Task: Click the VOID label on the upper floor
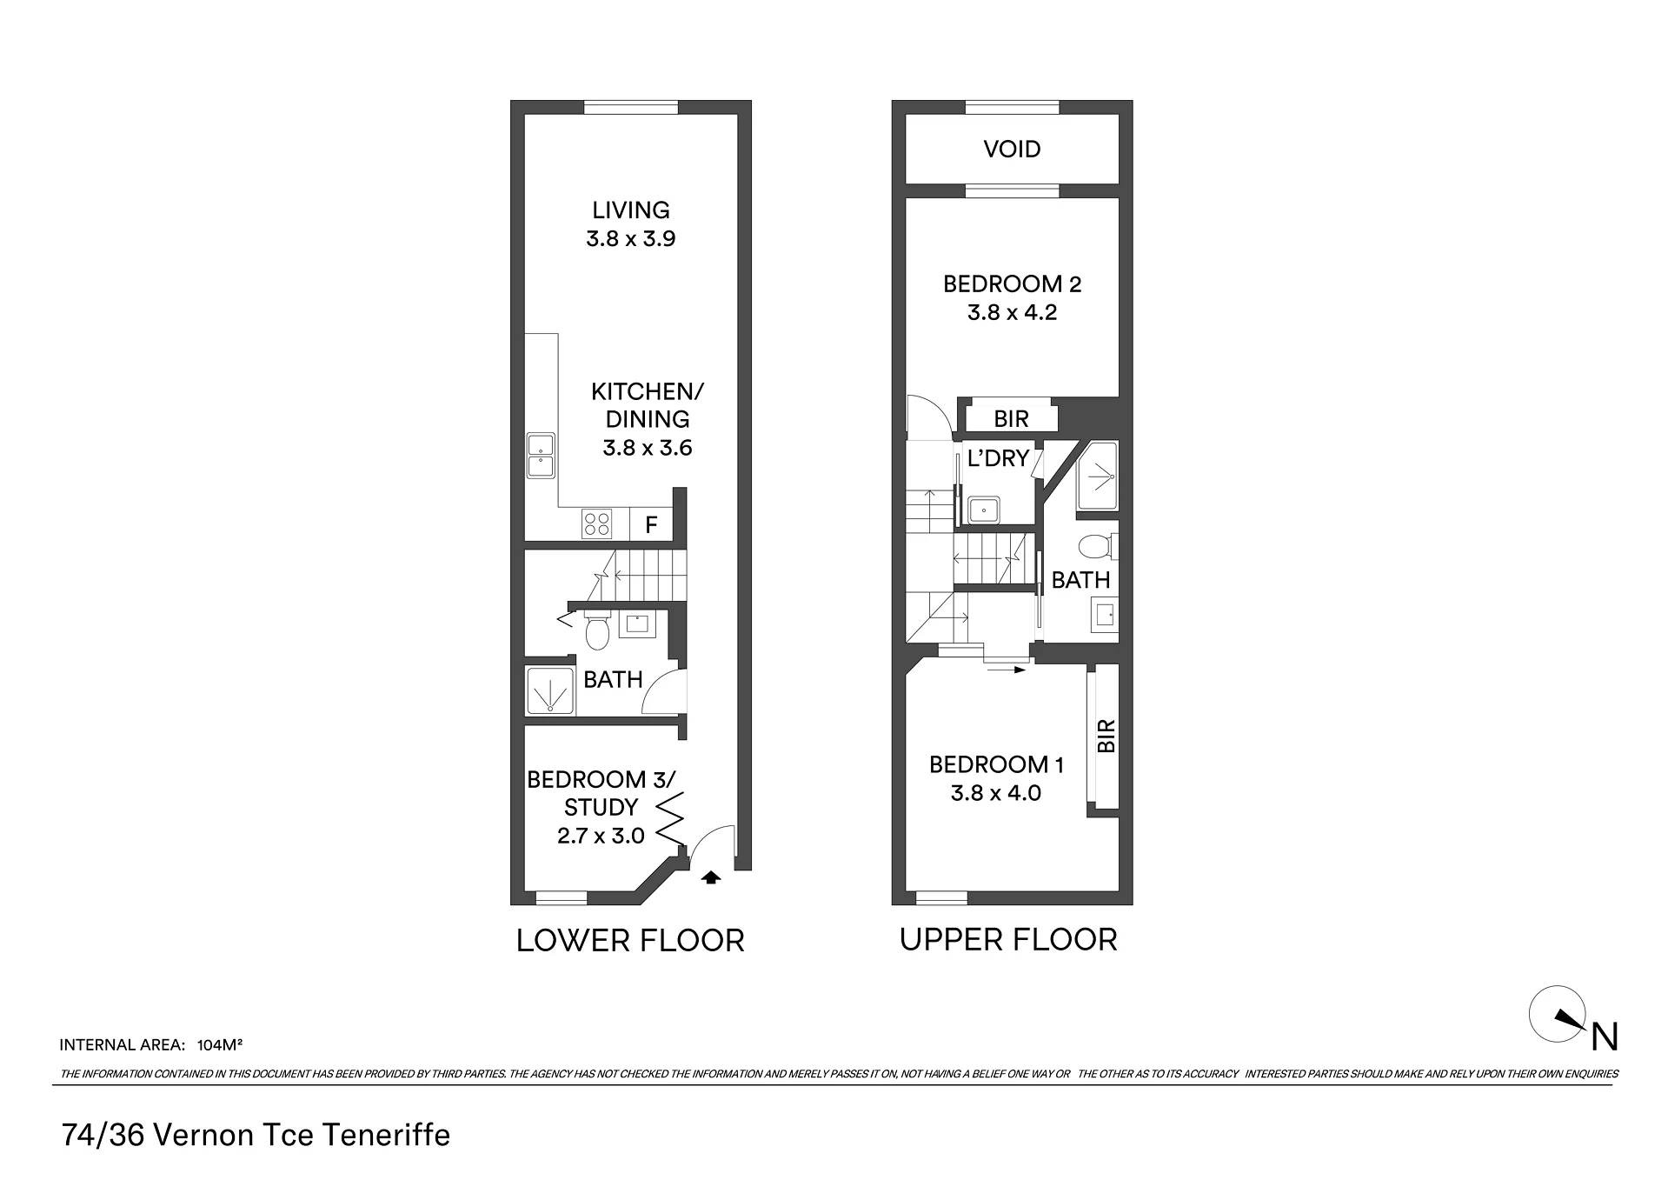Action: tap(1012, 149)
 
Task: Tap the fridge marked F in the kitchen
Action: tap(651, 525)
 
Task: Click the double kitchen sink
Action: tap(541, 456)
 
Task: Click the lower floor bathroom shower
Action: tap(549, 690)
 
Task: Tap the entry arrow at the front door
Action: tap(711, 877)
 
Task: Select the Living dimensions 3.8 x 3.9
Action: tap(631, 238)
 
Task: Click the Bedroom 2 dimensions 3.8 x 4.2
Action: tap(1012, 312)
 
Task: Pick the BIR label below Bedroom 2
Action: tap(1011, 419)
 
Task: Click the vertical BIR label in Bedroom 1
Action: tap(1106, 737)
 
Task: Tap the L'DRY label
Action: tap(998, 458)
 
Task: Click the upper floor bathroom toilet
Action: tap(1097, 547)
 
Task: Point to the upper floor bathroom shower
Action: tap(1098, 477)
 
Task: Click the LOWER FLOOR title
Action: tap(630, 941)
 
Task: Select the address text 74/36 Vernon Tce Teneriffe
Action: tap(256, 1136)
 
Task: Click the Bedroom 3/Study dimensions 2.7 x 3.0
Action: tap(601, 836)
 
